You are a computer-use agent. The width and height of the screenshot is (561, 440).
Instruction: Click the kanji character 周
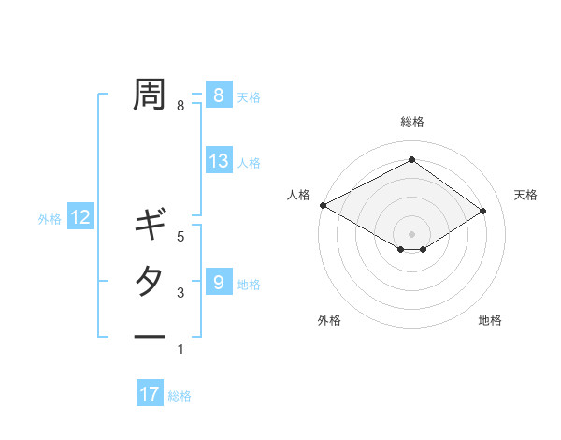point(150,94)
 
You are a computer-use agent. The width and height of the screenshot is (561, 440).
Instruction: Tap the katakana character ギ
point(150,226)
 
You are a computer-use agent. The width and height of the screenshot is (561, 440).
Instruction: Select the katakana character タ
point(150,281)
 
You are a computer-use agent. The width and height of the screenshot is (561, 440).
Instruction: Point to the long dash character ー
point(150,337)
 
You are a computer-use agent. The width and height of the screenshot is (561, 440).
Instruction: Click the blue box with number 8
point(218,95)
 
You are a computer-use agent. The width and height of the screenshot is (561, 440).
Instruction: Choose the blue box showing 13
point(218,161)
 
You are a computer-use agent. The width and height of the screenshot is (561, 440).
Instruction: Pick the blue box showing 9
point(218,282)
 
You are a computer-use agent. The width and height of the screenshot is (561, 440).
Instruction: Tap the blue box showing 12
point(80,218)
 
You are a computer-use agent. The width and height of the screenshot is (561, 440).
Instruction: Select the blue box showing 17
point(150,394)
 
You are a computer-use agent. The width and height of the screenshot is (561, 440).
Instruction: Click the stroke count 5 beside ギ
point(180,237)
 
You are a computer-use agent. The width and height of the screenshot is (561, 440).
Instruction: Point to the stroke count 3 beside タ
point(180,294)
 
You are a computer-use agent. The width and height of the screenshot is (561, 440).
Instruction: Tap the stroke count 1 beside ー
point(180,349)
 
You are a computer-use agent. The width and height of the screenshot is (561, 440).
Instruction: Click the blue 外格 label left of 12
point(50,219)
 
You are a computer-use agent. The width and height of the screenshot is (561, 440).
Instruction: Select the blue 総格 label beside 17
point(180,396)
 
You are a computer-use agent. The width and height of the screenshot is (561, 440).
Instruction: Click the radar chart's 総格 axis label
point(411,122)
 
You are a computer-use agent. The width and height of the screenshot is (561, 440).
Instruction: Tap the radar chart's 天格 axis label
point(525,195)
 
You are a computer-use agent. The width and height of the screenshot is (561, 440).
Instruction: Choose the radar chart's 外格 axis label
point(329,320)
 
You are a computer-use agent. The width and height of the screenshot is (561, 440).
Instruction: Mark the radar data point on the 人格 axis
point(323,205)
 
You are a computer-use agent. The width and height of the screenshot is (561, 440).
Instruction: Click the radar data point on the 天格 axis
point(482,211)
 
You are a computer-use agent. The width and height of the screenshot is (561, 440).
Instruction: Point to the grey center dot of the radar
point(411,233)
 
